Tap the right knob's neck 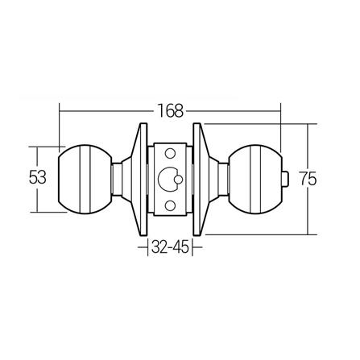click(x=219, y=178)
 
